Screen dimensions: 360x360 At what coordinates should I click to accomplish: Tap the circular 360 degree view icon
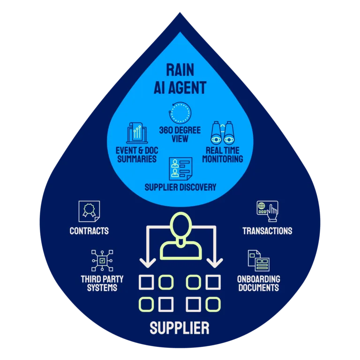pyautogui.click(x=180, y=113)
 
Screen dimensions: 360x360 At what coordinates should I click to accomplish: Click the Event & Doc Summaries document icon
pyautogui.click(x=137, y=133)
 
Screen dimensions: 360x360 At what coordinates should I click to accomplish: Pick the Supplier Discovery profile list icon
pyautogui.click(x=180, y=170)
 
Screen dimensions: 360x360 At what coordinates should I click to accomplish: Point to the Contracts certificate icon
pyautogui.click(x=89, y=212)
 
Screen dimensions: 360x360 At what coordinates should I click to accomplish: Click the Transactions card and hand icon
pyautogui.click(x=267, y=212)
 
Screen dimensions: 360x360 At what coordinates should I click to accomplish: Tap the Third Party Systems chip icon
pyautogui.click(x=102, y=261)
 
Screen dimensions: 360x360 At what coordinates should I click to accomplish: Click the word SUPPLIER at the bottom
pyautogui.click(x=180, y=328)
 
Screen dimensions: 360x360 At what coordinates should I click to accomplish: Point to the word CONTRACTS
pyautogui.click(x=89, y=231)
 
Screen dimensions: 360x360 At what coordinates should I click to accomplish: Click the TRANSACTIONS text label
pyautogui.click(x=267, y=231)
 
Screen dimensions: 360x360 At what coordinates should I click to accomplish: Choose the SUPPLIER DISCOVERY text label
pyautogui.click(x=180, y=187)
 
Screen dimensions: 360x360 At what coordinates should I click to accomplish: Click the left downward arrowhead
pyautogui.click(x=146, y=263)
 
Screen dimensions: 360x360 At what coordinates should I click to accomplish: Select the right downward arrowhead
pyautogui.click(x=214, y=263)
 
